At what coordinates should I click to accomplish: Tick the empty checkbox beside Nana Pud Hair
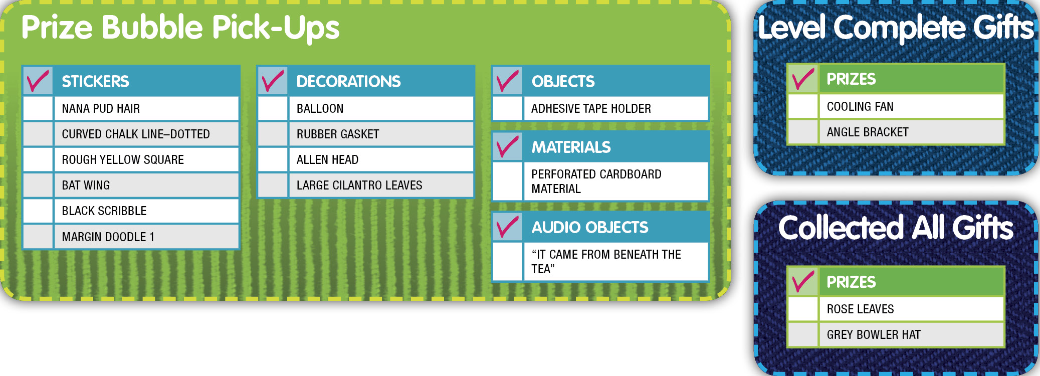(x=38, y=108)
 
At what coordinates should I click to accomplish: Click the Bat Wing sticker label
(x=86, y=185)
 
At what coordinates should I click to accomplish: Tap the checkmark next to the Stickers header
(x=38, y=81)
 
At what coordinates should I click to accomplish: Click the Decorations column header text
(x=348, y=81)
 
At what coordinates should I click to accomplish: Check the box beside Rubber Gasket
(x=273, y=134)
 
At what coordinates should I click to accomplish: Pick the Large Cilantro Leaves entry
(x=359, y=185)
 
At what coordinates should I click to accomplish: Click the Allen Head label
(x=327, y=159)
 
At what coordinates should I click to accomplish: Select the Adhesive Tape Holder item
(x=591, y=108)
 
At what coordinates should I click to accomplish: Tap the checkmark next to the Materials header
(x=507, y=146)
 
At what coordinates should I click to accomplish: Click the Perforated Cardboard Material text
(x=596, y=181)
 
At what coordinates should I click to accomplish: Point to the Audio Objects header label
(x=590, y=227)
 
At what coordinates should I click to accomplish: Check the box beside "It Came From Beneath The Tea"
(x=507, y=262)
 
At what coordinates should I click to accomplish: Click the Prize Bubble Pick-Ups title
(x=180, y=28)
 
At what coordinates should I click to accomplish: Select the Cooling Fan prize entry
(x=860, y=106)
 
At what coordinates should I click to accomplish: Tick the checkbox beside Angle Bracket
(x=803, y=132)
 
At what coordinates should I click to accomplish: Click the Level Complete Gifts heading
(x=896, y=27)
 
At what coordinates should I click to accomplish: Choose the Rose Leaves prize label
(x=860, y=309)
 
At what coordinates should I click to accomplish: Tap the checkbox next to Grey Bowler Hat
(x=803, y=334)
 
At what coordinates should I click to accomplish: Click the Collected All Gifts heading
(x=896, y=228)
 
